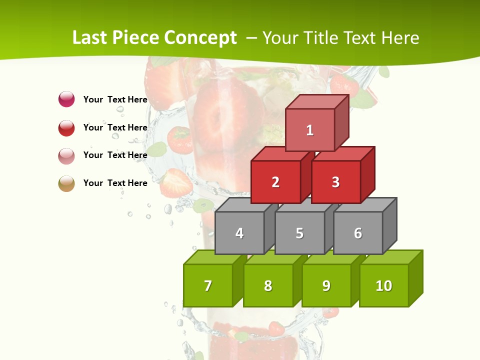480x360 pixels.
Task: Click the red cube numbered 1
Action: tap(310, 130)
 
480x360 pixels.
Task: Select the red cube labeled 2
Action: tap(275, 182)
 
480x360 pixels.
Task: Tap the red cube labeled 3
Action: tap(335, 182)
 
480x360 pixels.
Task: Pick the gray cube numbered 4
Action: tap(239, 233)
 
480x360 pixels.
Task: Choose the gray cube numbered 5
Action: tap(299, 233)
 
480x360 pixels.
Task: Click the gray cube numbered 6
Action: tap(358, 233)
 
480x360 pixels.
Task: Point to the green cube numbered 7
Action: tap(208, 285)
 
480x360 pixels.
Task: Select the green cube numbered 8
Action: tap(268, 285)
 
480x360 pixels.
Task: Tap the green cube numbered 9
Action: tap(326, 285)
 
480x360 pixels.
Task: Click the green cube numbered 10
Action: tap(384, 285)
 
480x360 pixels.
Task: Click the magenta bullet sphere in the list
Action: tap(66, 99)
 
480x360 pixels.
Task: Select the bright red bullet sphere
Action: tap(66, 127)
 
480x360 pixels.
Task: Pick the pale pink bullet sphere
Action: tap(66, 155)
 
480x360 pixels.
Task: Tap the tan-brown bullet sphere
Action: tap(66, 183)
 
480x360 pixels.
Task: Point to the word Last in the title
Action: tap(89, 38)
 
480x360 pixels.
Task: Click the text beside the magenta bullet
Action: tap(115, 99)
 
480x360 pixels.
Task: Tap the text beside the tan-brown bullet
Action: tap(115, 183)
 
